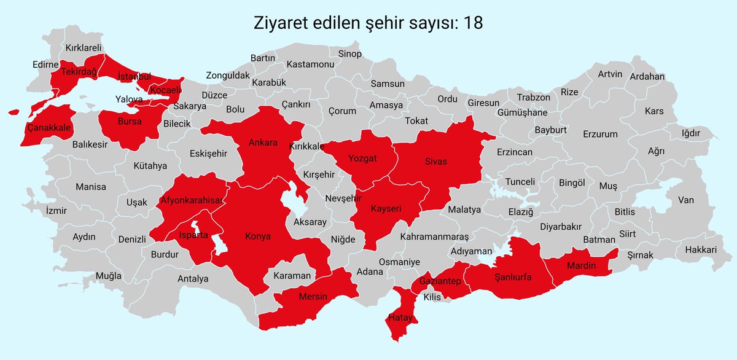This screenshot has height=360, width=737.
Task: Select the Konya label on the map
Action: click(257, 236)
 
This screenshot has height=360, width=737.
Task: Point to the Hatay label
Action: click(400, 318)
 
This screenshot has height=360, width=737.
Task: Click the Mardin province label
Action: click(579, 265)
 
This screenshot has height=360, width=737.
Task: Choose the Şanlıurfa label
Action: click(513, 278)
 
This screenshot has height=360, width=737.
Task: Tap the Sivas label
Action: click(435, 162)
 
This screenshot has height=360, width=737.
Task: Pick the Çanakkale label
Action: click(50, 128)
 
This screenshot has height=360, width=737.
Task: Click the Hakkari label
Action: click(701, 250)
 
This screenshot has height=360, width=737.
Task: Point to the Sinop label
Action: click(350, 54)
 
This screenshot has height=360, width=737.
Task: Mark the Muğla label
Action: click(109, 276)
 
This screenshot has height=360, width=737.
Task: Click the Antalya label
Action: click(193, 279)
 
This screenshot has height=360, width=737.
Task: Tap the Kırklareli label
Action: click(84, 47)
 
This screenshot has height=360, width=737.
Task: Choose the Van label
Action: click(685, 200)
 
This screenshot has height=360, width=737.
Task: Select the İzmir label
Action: click(56, 211)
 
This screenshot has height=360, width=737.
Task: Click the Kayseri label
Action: click(386, 209)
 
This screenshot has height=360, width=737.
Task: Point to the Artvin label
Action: click(610, 74)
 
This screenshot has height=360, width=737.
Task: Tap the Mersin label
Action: click(313, 297)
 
